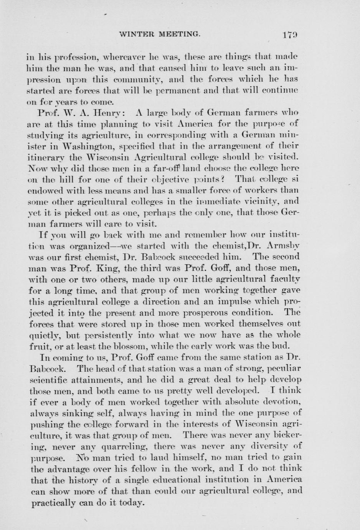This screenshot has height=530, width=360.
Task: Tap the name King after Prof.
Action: click(x=101, y=268)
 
